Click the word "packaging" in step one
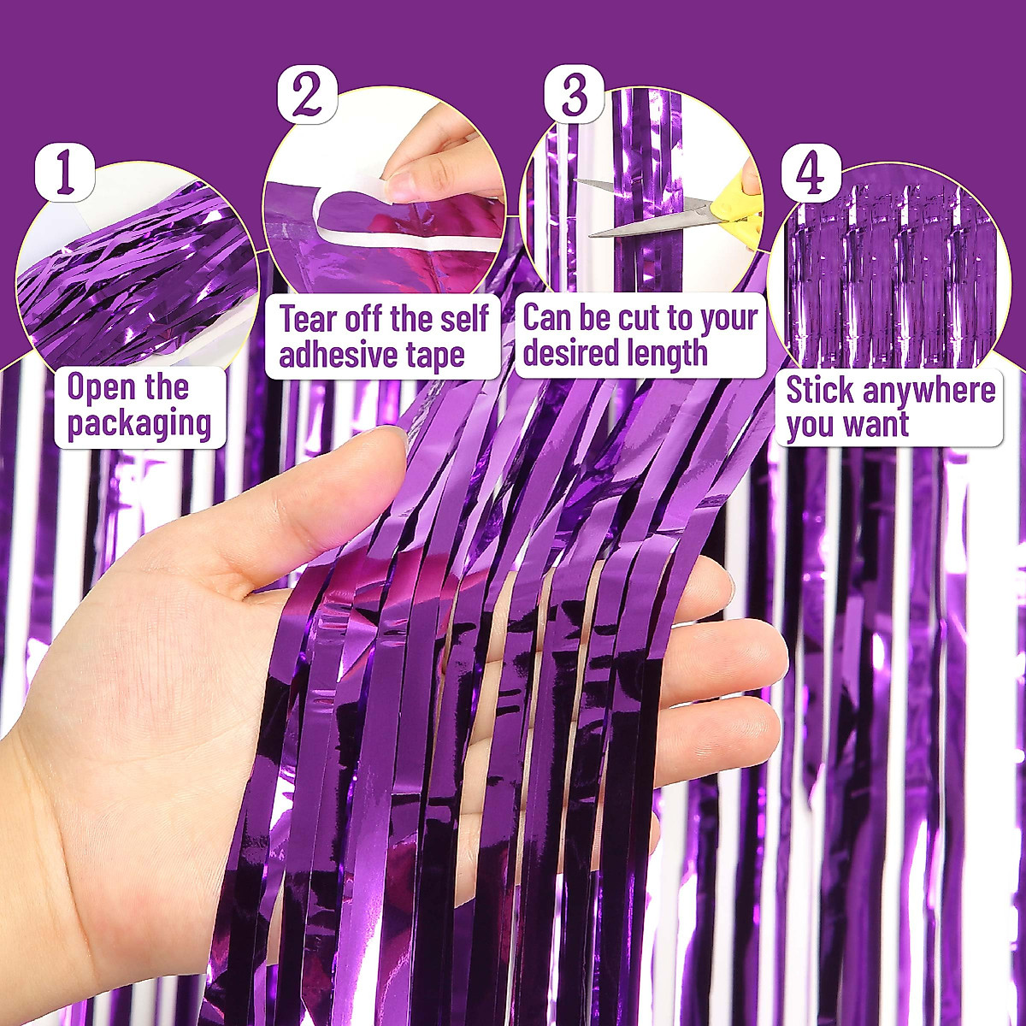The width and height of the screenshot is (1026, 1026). pyautogui.click(x=139, y=424)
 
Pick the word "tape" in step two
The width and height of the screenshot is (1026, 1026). pyautogui.click(x=437, y=356)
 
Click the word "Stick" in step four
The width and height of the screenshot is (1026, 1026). pyautogui.click(x=819, y=390)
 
